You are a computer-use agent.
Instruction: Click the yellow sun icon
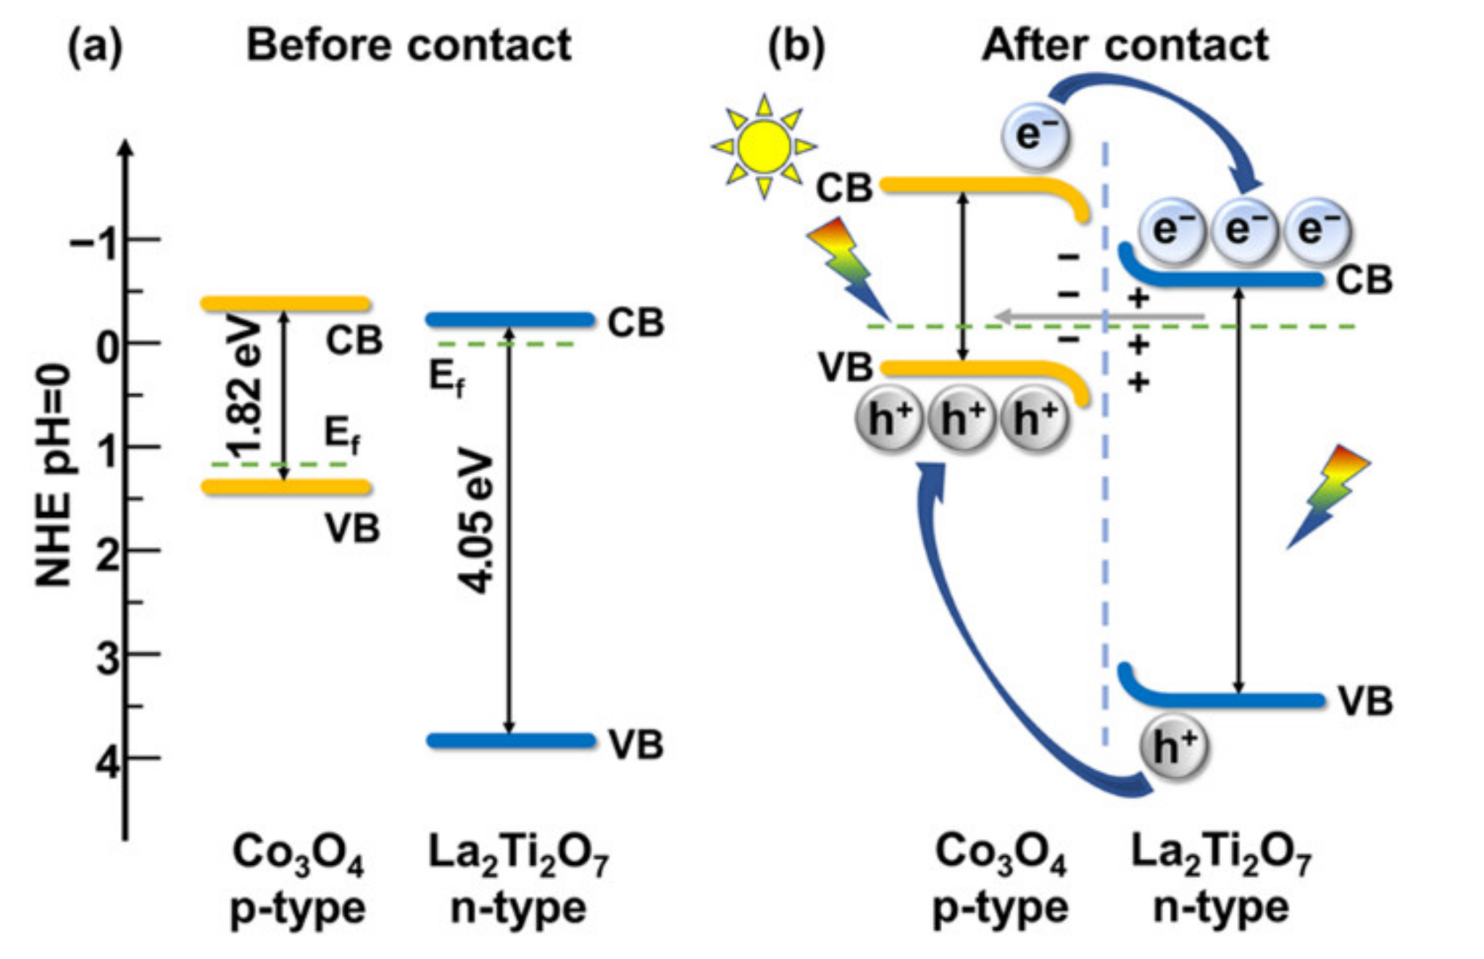[x=764, y=146]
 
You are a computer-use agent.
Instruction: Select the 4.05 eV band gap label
[x=477, y=522]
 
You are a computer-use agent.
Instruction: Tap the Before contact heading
[x=409, y=45]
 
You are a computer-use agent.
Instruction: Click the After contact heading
[x=1125, y=45]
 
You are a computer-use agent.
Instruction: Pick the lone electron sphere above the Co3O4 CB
[x=1035, y=135]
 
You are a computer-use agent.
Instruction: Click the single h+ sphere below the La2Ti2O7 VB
[x=1173, y=746]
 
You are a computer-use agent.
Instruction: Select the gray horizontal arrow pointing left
[x=1098, y=316]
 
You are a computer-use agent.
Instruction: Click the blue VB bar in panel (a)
[x=510, y=740]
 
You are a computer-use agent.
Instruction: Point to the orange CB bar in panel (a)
[x=285, y=303]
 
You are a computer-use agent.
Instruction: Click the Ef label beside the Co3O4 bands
[x=341, y=437]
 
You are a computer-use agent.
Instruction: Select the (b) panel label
[x=796, y=46]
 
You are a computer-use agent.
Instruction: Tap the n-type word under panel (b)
[x=1220, y=908]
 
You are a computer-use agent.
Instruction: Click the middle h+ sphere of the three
[x=962, y=419]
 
